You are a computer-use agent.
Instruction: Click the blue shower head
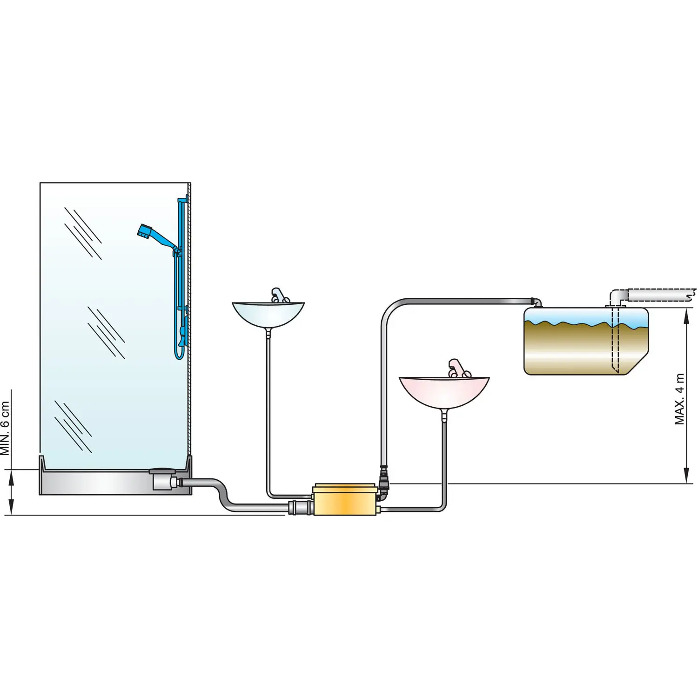click(x=145, y=231)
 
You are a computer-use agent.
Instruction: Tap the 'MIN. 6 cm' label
click(x=5, y=428)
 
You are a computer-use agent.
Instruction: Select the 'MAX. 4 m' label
click(x=680, y=399)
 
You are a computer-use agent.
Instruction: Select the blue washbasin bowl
click(x=268, y=314)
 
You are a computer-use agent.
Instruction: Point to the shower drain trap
click(x=163, y=479)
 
